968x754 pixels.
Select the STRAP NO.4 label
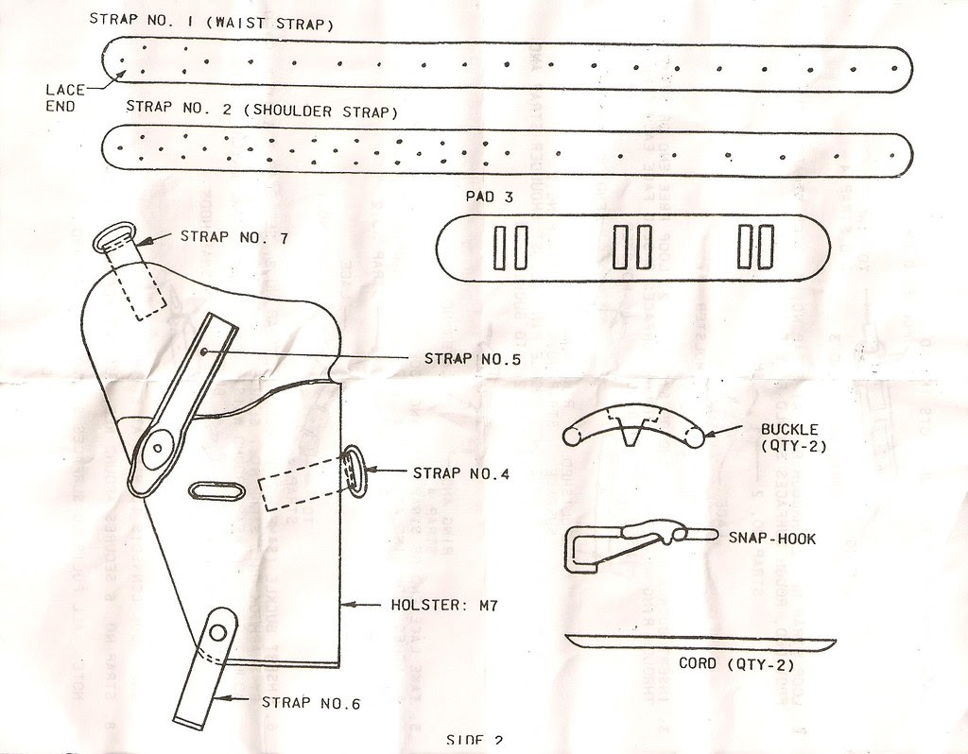(461, 472)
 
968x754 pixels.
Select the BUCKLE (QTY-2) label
(793, 437)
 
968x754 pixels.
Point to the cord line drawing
(700, 641)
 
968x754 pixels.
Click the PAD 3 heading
(490, 197)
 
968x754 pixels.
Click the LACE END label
(65, 97)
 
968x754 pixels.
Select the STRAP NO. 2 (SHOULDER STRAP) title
(261, 110)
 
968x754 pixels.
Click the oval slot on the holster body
(216, 492)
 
